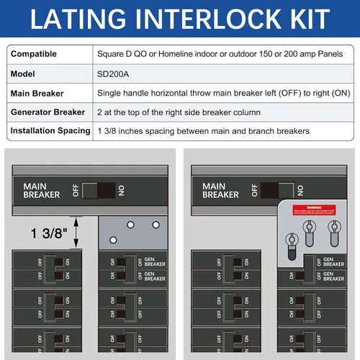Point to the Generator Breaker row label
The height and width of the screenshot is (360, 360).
(50, 112)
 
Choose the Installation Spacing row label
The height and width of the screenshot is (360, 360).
(50, 130)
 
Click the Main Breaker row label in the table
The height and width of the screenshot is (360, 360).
(37, 93)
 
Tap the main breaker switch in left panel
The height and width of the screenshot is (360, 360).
(97, 190)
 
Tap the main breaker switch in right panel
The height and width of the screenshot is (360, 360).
(276, 190)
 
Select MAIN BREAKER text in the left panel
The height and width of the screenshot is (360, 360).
(41, 191)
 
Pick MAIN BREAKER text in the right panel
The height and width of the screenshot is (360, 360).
(220, 191)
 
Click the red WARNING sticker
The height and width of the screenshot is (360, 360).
(314, 212)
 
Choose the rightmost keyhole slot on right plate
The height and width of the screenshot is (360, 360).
(332, 230)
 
